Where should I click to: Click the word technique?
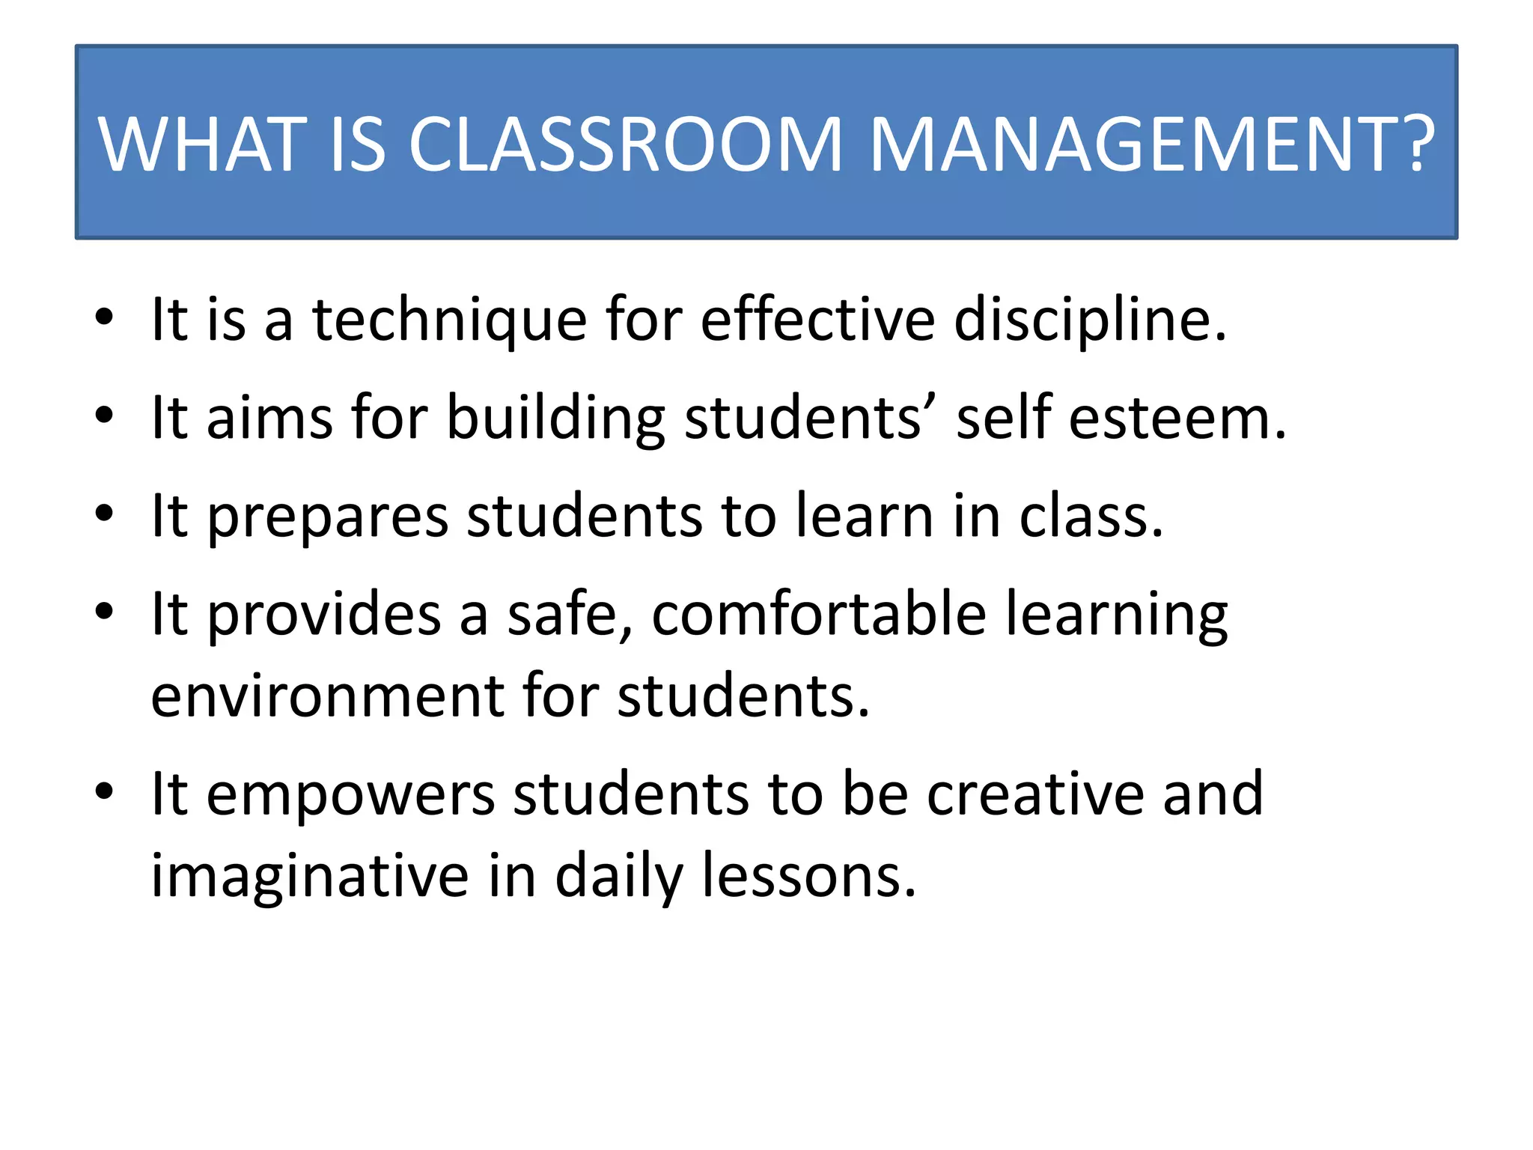(x=449, y=320)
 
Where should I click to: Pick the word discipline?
(x=1089, y=320)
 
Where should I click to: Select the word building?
(x=555, y=419)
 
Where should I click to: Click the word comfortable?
(x=819, y=614)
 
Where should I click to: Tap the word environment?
(x=328, y=696)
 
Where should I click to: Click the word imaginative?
(x=310, y=877)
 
